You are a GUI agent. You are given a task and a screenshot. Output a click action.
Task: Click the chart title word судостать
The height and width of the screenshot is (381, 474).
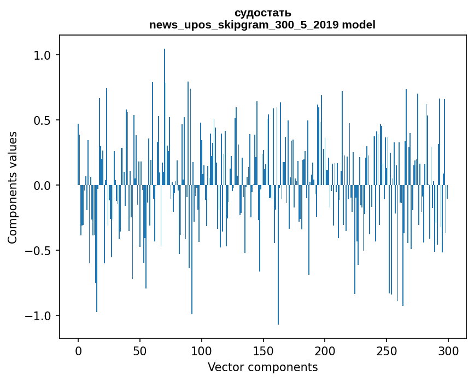click(x=262, y=13)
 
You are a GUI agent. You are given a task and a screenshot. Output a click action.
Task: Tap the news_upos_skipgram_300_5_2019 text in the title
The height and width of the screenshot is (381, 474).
click(x=245, y=25)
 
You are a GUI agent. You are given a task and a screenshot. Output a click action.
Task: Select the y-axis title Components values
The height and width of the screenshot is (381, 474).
click(x=13, y=187)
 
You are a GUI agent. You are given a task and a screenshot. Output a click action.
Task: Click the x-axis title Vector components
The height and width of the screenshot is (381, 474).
click(x=262, y=367)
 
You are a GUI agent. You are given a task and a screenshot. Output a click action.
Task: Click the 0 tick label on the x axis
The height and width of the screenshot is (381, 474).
click(x=78, y=350)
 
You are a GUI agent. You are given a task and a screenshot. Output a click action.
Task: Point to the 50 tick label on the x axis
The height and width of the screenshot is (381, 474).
click(x=140, y=350)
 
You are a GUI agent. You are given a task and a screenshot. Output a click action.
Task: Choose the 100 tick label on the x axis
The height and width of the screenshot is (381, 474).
click(x=202, y=350)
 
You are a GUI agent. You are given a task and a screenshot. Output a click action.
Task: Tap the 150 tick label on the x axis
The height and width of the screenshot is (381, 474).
click(x=264, y=350)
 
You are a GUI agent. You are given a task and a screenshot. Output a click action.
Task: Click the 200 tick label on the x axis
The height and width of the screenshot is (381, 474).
click(x=325, y=350)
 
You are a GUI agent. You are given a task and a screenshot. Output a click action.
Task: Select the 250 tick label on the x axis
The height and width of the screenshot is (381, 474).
click(x=387, y=350)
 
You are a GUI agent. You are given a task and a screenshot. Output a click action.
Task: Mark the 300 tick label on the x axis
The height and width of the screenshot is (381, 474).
click(x=449, y=350)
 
